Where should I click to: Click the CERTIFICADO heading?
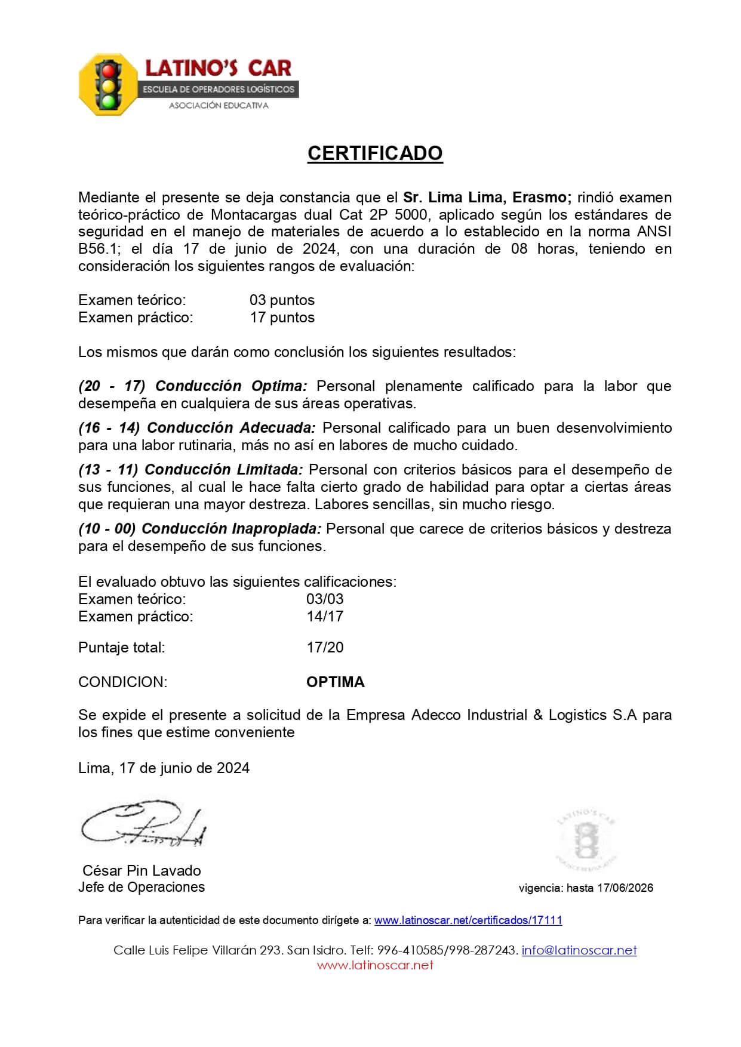[374, 153]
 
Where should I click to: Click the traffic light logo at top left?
[108, 84]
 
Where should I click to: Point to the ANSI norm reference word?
[654, 232]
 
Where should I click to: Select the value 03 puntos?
[282, 300]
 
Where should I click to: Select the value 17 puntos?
[282, 318]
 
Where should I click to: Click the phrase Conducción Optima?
[231, 386]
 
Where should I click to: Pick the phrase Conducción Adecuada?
[231, 428]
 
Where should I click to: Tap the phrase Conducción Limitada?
[224, 470]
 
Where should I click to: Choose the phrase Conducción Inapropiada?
[232, 529]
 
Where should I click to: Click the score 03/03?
[325, 599]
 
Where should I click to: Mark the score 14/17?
[325, 617]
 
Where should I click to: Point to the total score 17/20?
[325, 648]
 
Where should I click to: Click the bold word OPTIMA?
[335, 682]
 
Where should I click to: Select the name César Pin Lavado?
[142, 870]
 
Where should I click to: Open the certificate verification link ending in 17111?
[468, 920]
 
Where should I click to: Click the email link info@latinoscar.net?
[579, 950]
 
